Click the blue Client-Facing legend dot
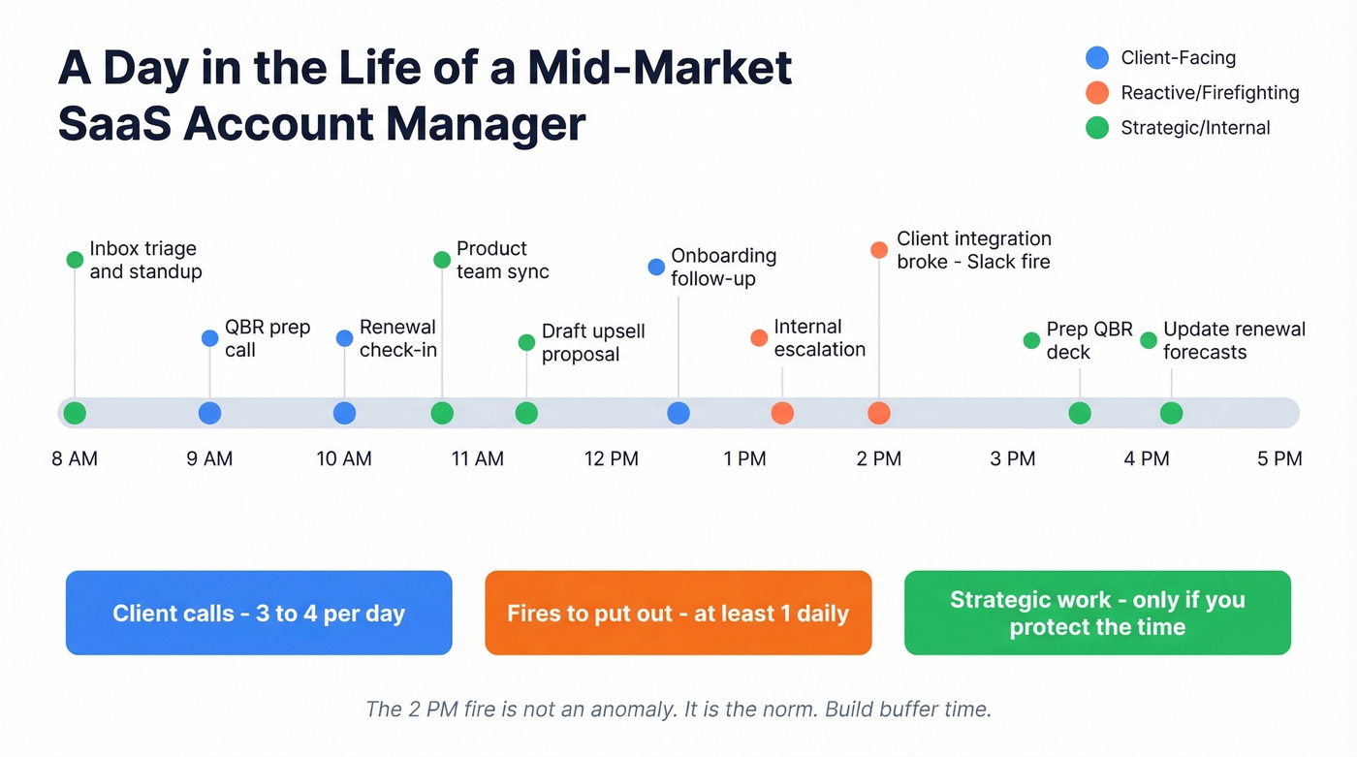click(1096, 58)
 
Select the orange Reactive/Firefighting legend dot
click(1096, 93)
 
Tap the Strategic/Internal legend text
click(1194, 128)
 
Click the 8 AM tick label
click(75, 458)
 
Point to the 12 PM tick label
click(611, 458)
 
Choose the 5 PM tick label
click(1279, 458)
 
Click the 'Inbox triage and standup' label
click(145, 260)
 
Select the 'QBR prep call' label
click(268, 338)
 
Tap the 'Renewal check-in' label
click(397, 338)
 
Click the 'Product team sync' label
click(502, 260)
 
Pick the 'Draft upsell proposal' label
click(593, 342)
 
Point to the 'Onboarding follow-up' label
click(723, 267)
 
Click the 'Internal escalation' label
click(819, 338)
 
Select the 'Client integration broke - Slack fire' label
click(973, 250)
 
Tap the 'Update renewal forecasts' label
click(1234, 340)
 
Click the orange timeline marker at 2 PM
click(879, 413)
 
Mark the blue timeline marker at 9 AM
click(209, 413)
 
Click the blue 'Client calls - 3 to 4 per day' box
click(259, 613)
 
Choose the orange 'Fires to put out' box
click(678, 613)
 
